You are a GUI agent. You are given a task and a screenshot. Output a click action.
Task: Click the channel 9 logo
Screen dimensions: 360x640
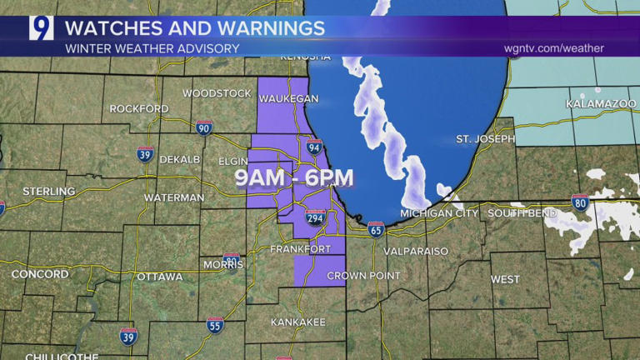click(41, 28)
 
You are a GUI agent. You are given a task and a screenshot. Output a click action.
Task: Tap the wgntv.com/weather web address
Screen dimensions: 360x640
click(553, 48)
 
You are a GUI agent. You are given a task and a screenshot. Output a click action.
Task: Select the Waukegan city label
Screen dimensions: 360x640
click(288, 98)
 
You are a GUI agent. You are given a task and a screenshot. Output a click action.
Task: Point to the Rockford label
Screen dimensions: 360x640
click(138, 108)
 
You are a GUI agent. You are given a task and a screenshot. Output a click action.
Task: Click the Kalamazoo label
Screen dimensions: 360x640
click(597, 103)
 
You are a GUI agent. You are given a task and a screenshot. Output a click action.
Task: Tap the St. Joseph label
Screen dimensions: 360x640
click(485, 138)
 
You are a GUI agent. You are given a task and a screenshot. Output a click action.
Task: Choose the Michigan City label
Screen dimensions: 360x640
click(439, 213)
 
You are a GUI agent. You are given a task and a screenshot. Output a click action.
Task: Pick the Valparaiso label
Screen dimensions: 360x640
click(416, 251)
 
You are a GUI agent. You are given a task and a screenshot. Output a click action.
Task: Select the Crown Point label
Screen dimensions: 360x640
click(358, 276)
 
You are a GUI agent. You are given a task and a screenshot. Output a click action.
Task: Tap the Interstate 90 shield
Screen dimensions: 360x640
click(204, 127)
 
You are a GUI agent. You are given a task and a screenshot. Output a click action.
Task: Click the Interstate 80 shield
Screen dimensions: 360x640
click(581, 202)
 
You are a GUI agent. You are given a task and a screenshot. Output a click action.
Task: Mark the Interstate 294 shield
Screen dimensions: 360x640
click(315, 218)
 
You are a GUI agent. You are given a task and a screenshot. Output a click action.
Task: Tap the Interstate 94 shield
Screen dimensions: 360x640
click(314, 147)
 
